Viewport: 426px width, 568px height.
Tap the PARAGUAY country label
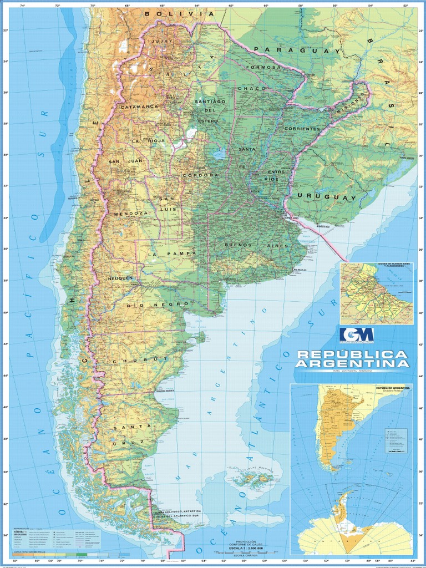click(x=297, y=50)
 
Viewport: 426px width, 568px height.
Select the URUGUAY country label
click(x=327, y=197)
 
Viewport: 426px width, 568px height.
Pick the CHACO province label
click(x=248, y=88)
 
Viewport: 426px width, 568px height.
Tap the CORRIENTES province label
click(x=303, y=128)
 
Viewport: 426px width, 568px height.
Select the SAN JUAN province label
click(x=125, y=161)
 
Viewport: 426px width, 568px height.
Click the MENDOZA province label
click(x=130, y=213)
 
